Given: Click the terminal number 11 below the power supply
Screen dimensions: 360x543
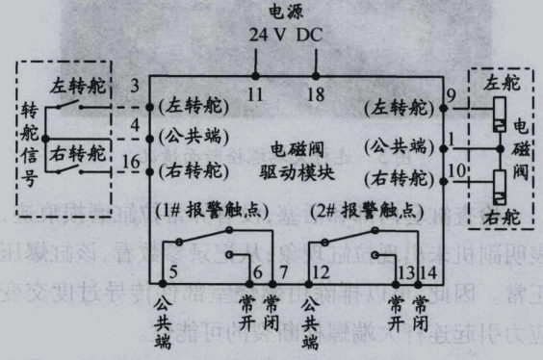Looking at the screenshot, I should point(255,95).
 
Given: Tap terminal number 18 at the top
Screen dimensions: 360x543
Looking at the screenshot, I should point(317,95).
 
